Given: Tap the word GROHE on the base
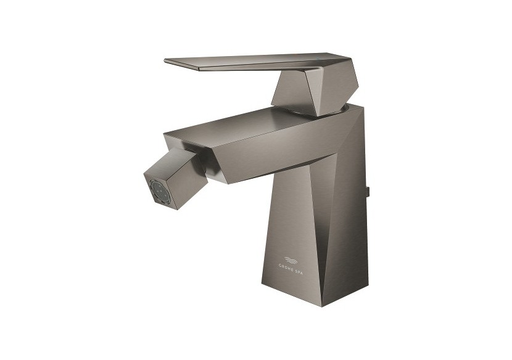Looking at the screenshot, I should click(289, 267).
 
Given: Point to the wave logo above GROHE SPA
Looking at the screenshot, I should click(295, 259).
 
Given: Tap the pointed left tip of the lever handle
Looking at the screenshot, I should click(167, 60).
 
